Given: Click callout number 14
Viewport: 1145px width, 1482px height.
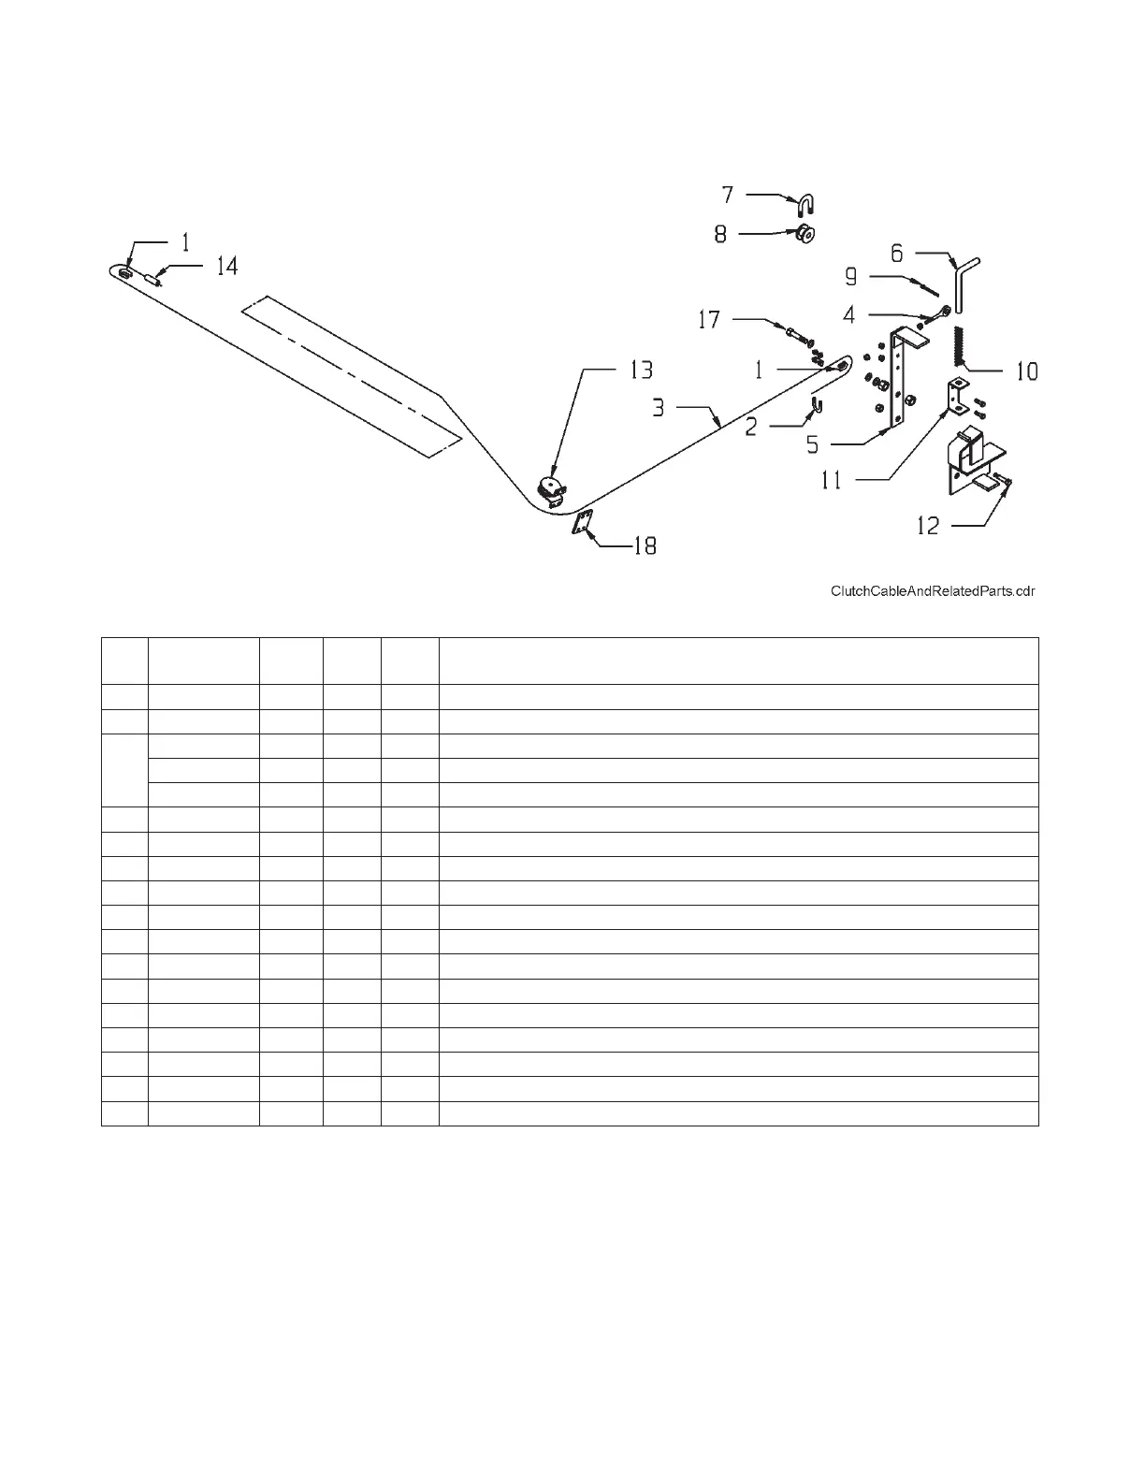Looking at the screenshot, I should pos(227,267).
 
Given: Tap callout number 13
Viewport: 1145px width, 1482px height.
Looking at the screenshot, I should pos(641,370).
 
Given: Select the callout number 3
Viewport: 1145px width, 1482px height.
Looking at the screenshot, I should pos(659,408).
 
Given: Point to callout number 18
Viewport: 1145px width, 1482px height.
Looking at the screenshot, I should pos(645,545).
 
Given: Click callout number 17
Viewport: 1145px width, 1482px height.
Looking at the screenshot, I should pos(709,320).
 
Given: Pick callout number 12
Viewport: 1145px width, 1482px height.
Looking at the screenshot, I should pos(927,526).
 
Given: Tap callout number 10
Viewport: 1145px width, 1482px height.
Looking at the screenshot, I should pos(1027,371).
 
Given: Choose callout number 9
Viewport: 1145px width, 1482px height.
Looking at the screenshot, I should pos(851,276).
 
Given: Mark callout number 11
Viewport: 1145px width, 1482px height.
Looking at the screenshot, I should pos(832,480).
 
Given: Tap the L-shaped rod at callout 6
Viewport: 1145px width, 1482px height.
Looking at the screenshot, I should pos(964,282).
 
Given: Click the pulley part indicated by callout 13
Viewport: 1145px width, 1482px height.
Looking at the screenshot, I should pos(551,489).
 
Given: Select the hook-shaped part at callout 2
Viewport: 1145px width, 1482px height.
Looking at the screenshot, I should pos(818,405).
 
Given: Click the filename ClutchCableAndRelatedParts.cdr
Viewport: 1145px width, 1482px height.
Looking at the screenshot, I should pos(933,591).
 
